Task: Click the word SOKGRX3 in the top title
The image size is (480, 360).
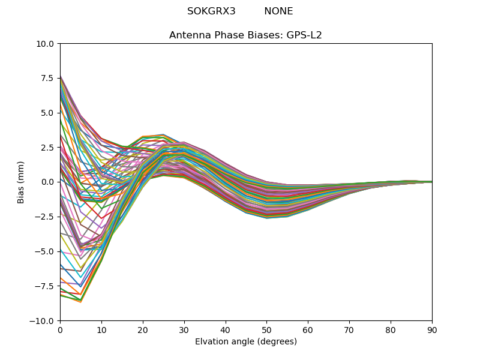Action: point(211,11)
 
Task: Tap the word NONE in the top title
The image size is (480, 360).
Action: point(278,11)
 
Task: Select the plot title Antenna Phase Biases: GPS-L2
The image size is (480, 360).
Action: point(245,35)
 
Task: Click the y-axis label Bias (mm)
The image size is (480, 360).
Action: point(21,182)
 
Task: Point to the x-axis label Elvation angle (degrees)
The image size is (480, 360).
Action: point(245,341)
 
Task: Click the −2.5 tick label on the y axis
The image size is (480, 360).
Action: point(46,217)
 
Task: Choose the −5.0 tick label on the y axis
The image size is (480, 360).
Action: point(46,251)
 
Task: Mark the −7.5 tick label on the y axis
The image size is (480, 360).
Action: point(46,286)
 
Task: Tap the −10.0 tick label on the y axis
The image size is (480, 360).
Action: point(43,321)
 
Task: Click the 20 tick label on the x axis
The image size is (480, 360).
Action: point(143,329)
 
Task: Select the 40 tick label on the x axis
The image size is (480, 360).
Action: point(226,329)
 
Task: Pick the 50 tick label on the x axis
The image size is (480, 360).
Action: point(266,329)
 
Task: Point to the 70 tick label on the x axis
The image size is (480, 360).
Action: point(349,329)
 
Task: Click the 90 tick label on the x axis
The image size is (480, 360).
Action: point(432,329)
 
